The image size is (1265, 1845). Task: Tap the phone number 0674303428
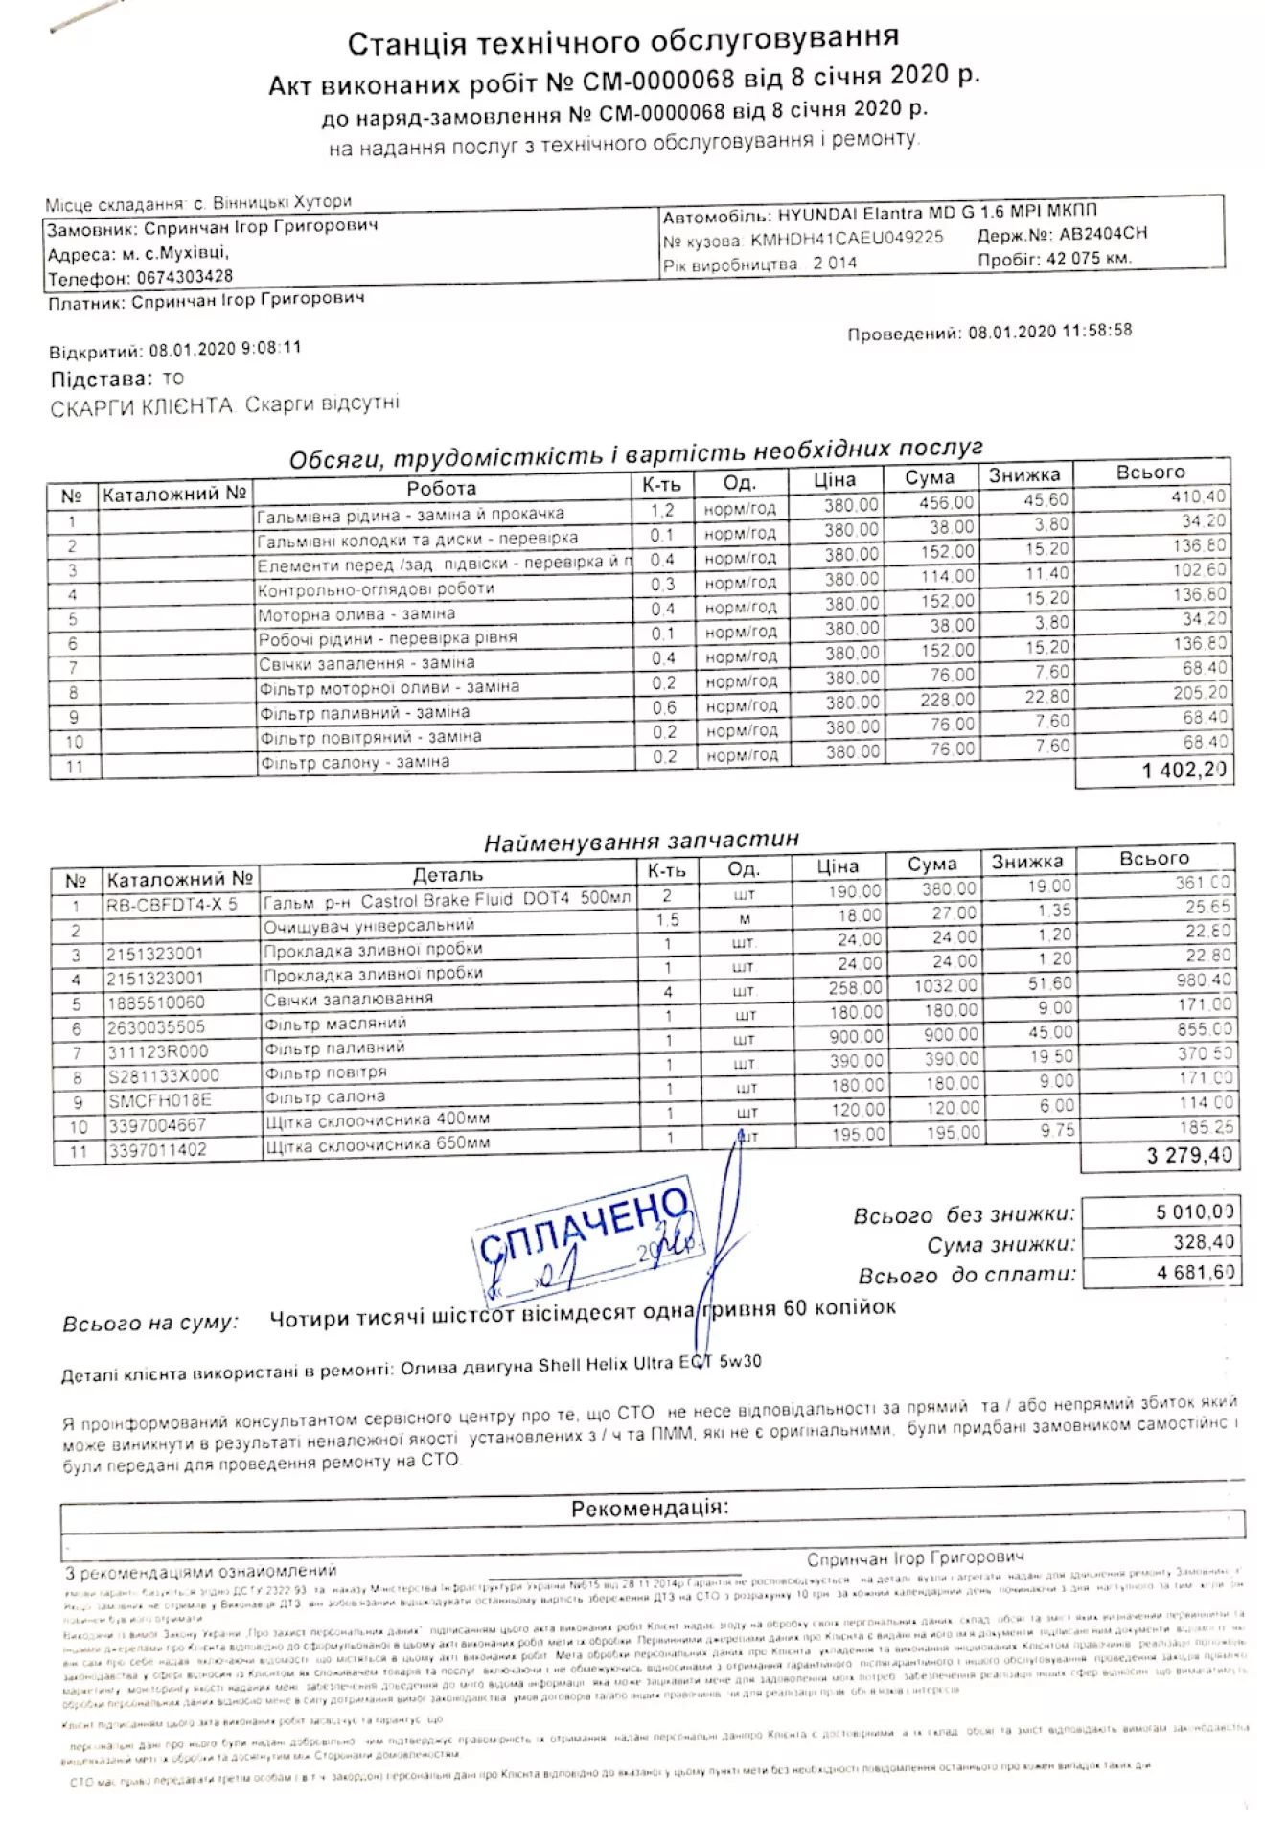pos(184,277)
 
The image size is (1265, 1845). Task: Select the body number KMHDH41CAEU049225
pos(846,238)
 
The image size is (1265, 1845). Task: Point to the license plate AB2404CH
pos(1102,234)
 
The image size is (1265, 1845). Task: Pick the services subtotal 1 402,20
pos(1184,770)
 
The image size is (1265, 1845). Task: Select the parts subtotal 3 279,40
pos(1188,1155)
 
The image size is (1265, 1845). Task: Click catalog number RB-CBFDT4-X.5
pos(172,905)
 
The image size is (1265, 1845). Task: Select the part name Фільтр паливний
pos(334,1048)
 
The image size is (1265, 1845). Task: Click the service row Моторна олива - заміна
pos(356,613)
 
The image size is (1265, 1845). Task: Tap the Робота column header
pos(441,489)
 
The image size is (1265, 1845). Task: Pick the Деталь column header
pos(448,874)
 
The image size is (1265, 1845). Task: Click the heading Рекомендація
pos(649,1508)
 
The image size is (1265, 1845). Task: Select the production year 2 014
pos(834,263)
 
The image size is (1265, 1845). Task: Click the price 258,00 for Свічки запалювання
pos(855,987)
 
